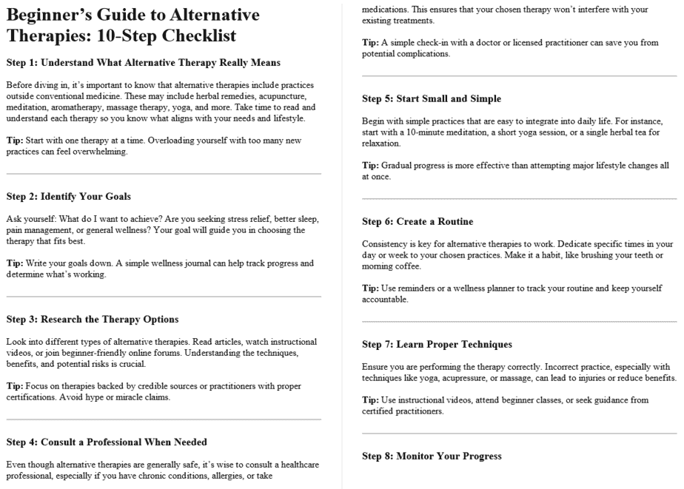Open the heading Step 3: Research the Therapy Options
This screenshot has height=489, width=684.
tap(93, 319)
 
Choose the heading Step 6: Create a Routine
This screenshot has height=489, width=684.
tap(418, 221)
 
